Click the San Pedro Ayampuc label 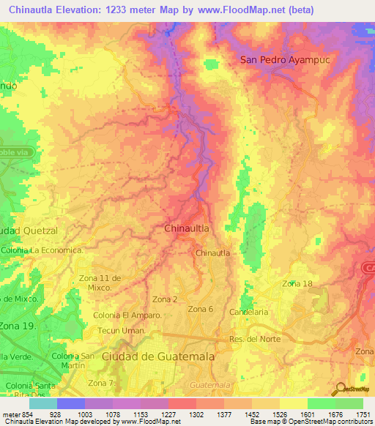(286, 60)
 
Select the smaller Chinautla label (213, 253)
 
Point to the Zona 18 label (297, 283)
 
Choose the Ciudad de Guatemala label (158, 356)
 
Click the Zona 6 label (200, 309)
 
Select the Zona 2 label (165, 299)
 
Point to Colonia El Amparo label (127, 315)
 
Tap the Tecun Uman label (122, 331)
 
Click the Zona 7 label (102, 384)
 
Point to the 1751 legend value (363, 415)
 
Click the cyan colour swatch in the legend (43, 403)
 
